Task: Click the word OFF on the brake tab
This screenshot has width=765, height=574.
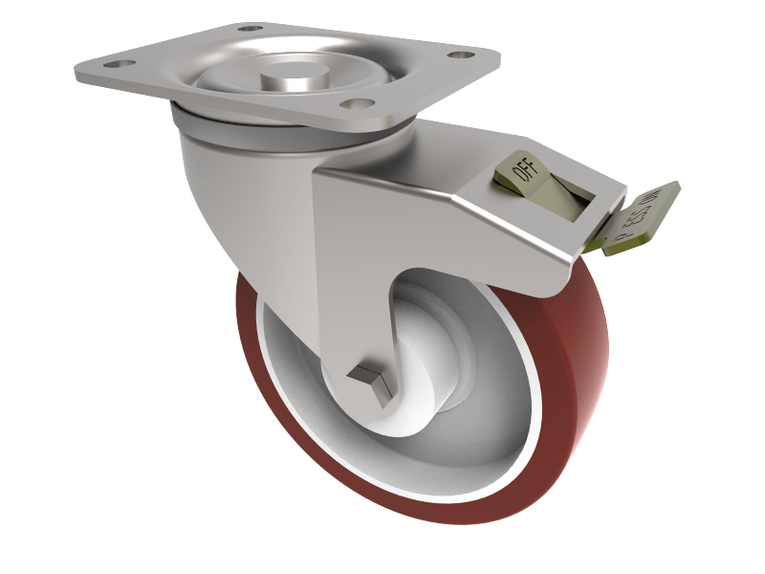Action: [525, 172]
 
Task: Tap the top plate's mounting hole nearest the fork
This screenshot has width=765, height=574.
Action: [356, 105]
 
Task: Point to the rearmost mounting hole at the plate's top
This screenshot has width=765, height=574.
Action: [250, 30]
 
